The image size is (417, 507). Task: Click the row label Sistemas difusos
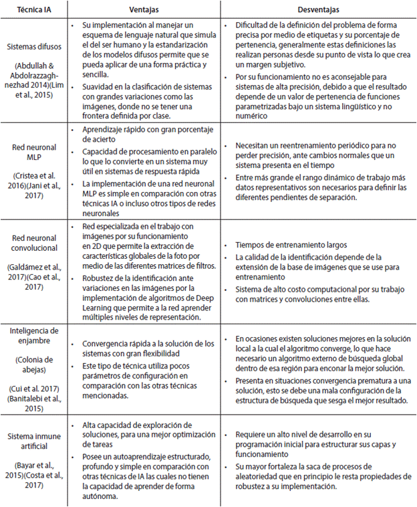pyautogui.click(x=35, y=48)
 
